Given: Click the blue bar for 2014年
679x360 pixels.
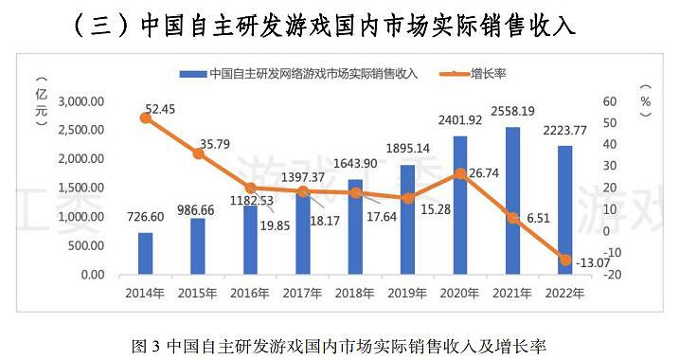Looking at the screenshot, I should [145, 253].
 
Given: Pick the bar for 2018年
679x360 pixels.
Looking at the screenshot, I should [354, 226].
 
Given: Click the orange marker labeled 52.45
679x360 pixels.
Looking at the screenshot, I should [145, 117].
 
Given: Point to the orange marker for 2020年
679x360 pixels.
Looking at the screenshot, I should [459, 173].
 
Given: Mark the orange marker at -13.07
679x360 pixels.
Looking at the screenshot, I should [564, 260].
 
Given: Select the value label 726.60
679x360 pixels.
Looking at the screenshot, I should [144, 216].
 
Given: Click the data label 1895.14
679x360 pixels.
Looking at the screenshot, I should [407, 149].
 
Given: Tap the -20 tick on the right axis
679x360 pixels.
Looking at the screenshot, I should [612, 275].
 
